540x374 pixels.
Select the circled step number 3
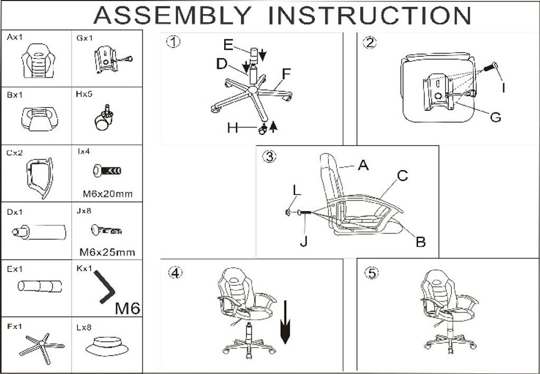pos(269,157)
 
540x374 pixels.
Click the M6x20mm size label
pos(108,194)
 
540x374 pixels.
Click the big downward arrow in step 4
pos(286,322)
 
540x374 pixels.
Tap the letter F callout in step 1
pos(286,74)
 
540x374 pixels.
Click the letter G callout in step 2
pos(495,118)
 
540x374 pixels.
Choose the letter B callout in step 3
pos(420,242)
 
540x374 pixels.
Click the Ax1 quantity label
pos(16,38)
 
